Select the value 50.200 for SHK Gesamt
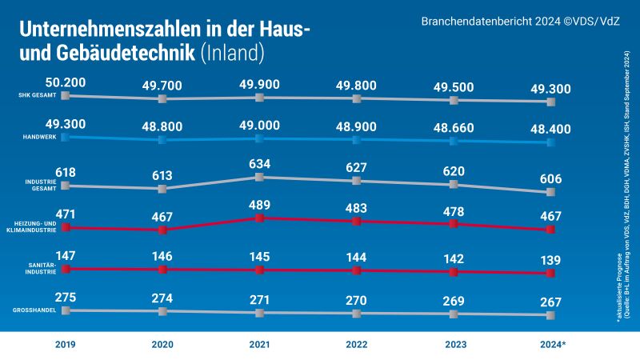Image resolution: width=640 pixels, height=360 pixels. pos(66,83)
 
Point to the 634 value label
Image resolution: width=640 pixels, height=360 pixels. pos(259,166)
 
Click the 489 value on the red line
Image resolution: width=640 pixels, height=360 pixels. pos(259,206)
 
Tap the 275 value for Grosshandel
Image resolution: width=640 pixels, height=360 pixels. pos(66,298)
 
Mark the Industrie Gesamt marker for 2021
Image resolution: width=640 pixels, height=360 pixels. pos(259,178)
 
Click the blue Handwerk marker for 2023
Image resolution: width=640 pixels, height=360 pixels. pos(454,141)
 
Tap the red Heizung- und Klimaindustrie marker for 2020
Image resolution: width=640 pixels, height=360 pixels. pos(162,230)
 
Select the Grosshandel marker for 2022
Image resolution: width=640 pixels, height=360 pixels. pos(357,313)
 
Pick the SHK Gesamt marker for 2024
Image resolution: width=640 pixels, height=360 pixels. pos(550,102)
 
